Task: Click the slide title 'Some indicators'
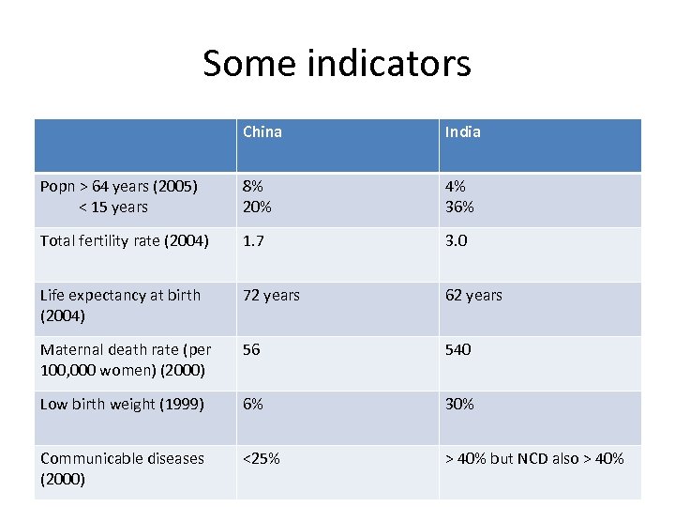click(337, 64)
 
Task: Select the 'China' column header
click(262, 132)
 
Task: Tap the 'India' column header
click(462, 132)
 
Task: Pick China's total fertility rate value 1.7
click(253, 240)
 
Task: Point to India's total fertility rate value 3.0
click(457, 240)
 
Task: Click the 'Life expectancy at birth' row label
click(120, 304)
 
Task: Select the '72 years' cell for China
click(271, 295)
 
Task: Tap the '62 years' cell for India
click(473, 295)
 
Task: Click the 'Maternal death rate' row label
click(126, 359)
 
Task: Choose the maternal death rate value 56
click(251, 349)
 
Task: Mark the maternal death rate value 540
click(458, 349)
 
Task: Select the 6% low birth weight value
click(252, 404)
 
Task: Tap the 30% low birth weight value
click(459, 404)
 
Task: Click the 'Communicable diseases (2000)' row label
click(122, 468)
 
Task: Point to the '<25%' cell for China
click(261, 458)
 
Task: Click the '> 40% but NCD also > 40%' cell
click(534, 458)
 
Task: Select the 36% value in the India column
click(459, 207)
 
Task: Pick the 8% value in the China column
click(252, 187)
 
